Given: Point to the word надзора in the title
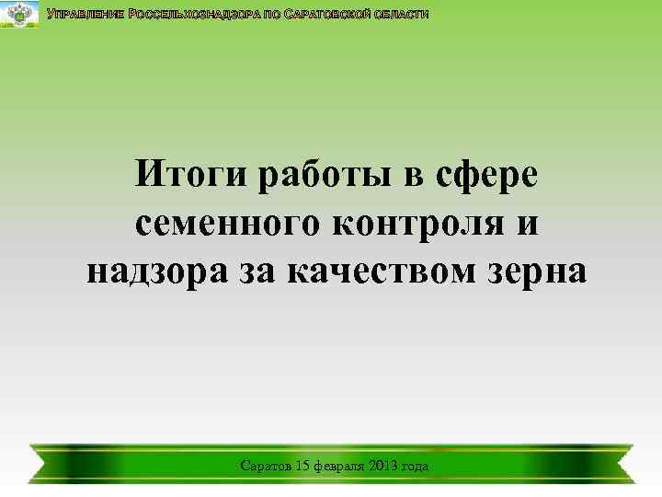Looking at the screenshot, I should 152,272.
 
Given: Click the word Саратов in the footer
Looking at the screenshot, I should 265,467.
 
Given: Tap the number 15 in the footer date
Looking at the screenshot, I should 304,467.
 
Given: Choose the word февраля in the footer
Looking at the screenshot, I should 343,468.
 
